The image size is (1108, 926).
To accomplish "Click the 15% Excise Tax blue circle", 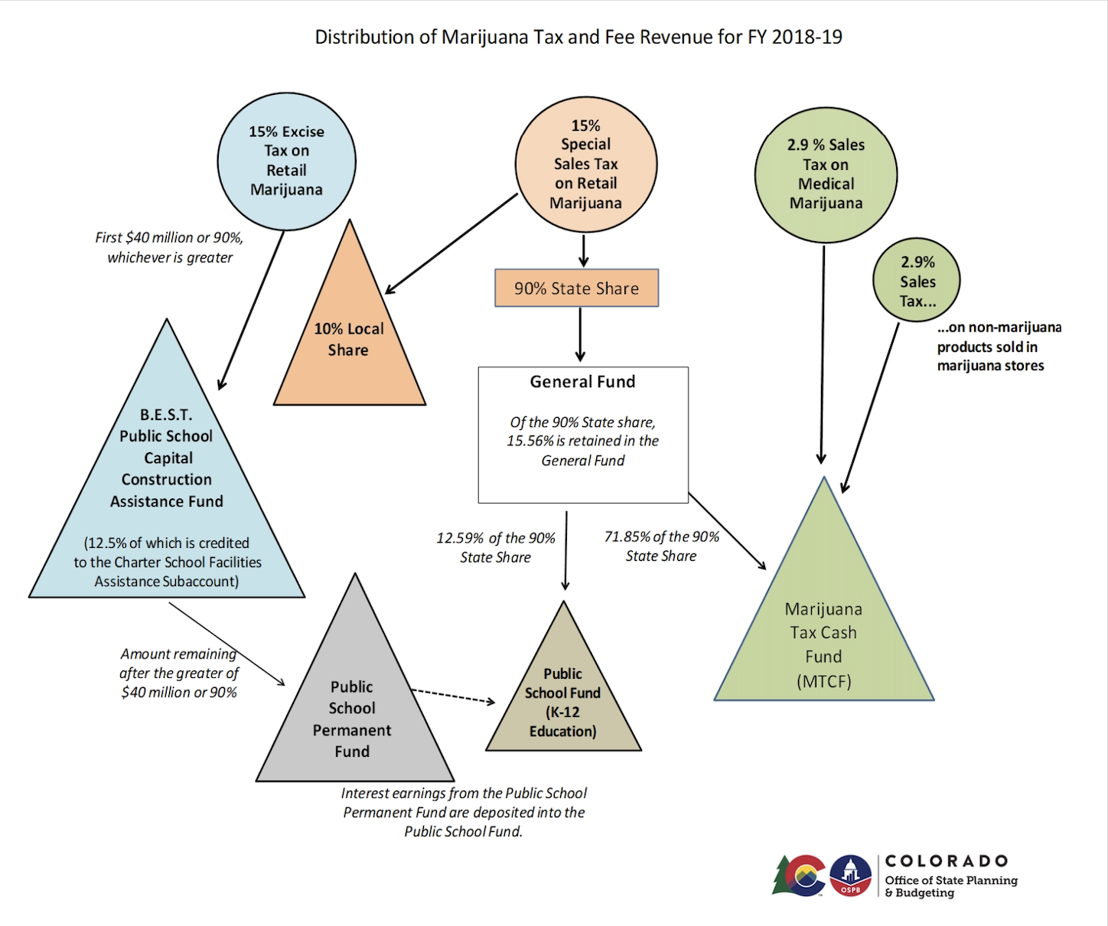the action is [x=286, y=161].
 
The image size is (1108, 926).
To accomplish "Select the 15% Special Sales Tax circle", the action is [x=586, y=165].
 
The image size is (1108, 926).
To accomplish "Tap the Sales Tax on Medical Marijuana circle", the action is [x=826, y=175].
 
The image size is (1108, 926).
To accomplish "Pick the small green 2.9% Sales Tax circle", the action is [x=917, y=279].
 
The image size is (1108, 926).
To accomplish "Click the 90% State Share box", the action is [x=577, y=288].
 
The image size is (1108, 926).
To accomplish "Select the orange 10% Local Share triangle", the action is [x=349, y=340].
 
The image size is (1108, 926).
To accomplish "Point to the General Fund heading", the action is [x=582, y=382].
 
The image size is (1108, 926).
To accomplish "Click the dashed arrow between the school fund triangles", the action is [x=453, y=696].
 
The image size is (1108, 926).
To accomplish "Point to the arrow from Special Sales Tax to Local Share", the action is [x=451, y=243].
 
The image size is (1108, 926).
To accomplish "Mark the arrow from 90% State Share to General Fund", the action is [x=580, y=334].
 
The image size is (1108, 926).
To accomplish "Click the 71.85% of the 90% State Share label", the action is [x=661, y=546].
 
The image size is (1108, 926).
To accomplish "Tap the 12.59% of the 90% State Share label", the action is [x=496, y=548].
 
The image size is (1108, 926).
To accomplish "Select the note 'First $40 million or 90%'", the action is [x=169, y=237].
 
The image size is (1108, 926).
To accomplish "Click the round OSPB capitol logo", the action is [x=850, y=875].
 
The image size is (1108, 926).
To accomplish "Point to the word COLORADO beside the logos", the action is [x=947, y=861].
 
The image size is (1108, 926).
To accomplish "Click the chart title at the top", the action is [x=578, y=37].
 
